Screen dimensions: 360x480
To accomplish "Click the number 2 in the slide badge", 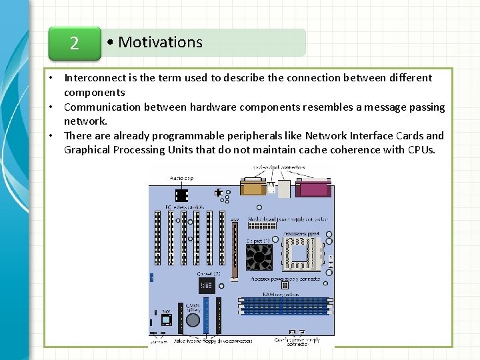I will pos(74,43).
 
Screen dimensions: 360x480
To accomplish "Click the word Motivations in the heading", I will pos(160,42).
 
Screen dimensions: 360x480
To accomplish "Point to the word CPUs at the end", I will pos(421,149).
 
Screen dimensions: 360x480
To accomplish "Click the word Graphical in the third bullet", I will pos(86,149).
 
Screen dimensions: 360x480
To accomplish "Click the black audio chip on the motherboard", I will pos(180,194).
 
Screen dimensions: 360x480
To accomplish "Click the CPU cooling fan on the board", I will pos(260,257).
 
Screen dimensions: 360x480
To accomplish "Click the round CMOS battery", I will pos(193,320).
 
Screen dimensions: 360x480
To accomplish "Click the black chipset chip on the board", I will pos(206,286).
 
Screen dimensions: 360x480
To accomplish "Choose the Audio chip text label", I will pos(181,179).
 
